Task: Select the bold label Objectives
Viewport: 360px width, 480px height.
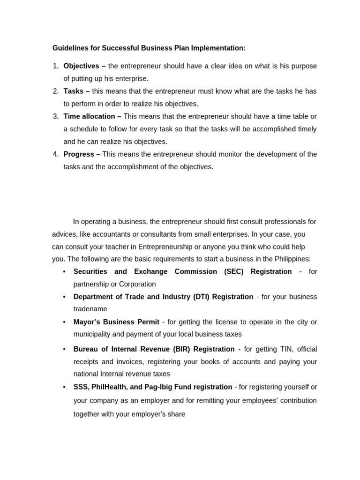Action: (81, 66)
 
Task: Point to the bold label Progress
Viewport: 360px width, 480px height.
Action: (79, 154)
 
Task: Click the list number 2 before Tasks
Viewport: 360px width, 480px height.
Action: (55, 91)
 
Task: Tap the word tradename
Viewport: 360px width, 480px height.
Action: (90, 309)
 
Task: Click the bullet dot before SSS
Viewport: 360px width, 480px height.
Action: (64, 387)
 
